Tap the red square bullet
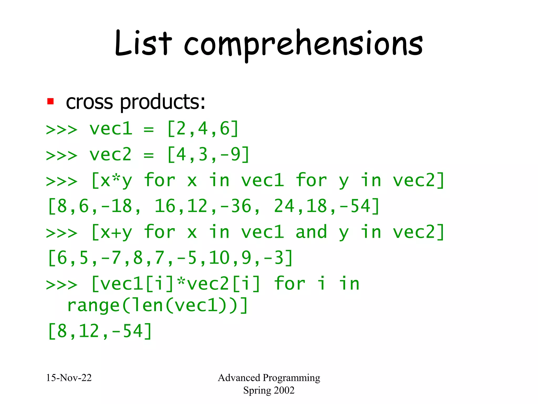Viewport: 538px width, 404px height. tap(50, 102)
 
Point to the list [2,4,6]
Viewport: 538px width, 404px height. tap(203, 129)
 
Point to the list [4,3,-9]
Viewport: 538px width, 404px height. tap(208, 155)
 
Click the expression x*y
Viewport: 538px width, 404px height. tap(112, 181)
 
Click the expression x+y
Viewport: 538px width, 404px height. tap(112, 233)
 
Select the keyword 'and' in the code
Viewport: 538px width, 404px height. tap(311, 232)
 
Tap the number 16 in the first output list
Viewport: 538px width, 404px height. tap(165, 206)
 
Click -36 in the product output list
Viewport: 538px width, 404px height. tap(236, 206)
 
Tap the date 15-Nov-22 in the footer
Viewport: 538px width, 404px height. tap(69, 378)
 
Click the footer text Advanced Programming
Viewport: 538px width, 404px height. tap(269, 378)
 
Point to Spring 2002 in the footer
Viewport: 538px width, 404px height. tap(269, 390)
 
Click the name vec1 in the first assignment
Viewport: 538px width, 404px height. tap(111, 129)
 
